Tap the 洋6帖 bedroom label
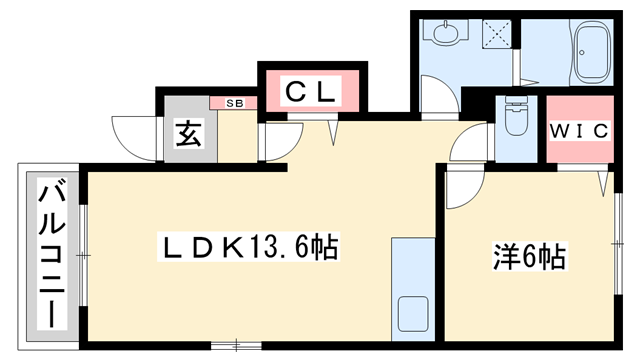(529, 257)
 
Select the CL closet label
(311, 92)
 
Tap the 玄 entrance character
(189, 133)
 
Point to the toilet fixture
(517, 118)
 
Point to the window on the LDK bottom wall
(236, 346)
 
